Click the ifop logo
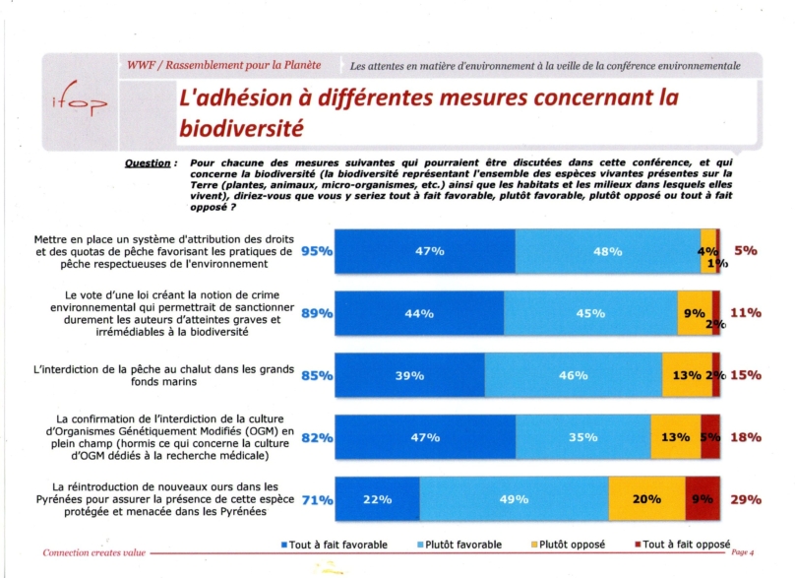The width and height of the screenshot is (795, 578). click(80, 99)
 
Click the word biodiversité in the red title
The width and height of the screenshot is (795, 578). click(241, 128)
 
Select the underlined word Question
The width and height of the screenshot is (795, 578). click(148, 163)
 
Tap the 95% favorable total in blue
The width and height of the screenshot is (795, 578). click(317, 251)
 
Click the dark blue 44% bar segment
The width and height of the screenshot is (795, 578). click(419, 313)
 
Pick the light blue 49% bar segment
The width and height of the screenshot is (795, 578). click(515, 499)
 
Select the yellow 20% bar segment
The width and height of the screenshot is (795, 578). click(647, 499)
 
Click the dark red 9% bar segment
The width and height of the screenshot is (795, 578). click(703, 499)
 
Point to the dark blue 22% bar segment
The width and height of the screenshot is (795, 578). click(377, 499)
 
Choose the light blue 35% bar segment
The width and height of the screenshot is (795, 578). click(583, 437)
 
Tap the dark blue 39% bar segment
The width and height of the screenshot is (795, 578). click(409, 375)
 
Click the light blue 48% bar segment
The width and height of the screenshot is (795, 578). click(608, 251)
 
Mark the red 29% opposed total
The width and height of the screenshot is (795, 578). click(746, 500)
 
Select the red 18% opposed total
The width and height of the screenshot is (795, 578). click(746, 437)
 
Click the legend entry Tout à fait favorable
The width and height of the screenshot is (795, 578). click(335, 546)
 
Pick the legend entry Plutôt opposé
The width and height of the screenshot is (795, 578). click(568, 546)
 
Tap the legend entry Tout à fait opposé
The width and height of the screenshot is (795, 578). click(683, 546)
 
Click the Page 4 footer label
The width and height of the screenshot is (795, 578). click(742, 552)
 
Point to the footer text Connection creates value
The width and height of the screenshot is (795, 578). click(94, 552)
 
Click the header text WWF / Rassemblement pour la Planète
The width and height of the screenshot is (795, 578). click(223, 65)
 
